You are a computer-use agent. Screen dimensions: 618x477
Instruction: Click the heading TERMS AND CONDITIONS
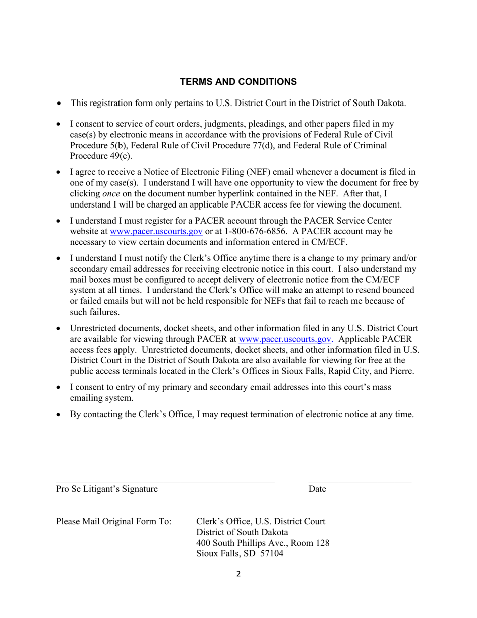(x=238, y=82)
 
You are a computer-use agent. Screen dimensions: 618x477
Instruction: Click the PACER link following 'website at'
(x=156, y=231)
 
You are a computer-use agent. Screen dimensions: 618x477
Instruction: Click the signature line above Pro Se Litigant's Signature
(x=165, y=482)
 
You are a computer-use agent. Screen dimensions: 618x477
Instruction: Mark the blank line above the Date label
(x=360, y=482)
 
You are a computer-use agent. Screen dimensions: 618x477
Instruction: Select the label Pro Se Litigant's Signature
(x=106, y=489)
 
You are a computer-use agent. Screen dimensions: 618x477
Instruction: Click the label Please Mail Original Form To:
(x=113, y=521)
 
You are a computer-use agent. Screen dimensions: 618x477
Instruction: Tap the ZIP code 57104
(x=271, y=554)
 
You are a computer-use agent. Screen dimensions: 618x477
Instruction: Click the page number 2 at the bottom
(x=238, y=574)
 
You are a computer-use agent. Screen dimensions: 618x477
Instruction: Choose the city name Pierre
(x=401, y=371)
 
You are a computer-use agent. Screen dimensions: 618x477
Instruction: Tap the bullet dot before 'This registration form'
(x=59, y=104)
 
